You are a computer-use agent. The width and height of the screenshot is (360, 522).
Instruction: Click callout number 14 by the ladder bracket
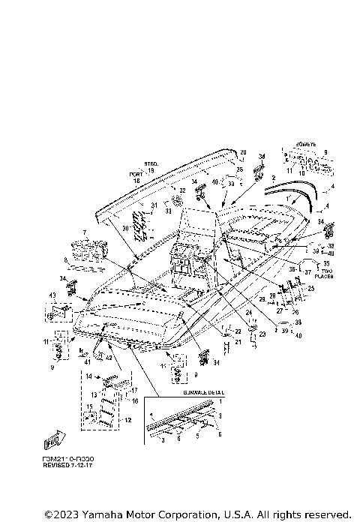coord(88,376)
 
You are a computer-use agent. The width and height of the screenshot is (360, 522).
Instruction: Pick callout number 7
coord(85,232)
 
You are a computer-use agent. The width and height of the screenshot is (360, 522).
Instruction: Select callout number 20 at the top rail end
coord(242,152)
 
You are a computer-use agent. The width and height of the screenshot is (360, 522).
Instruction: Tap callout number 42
coord(109,358)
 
